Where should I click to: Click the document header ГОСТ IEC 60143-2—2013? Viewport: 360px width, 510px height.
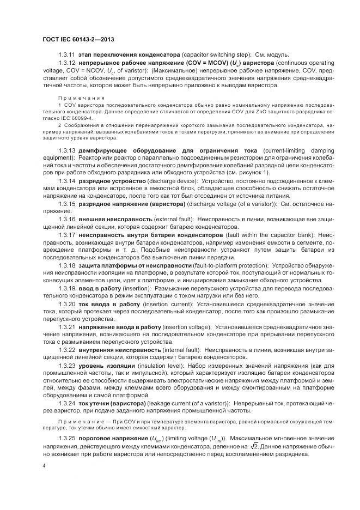pos(77,39)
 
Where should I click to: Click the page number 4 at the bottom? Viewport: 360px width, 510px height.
pos(44,467)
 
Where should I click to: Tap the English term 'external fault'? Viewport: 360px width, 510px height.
pos(178,218)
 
